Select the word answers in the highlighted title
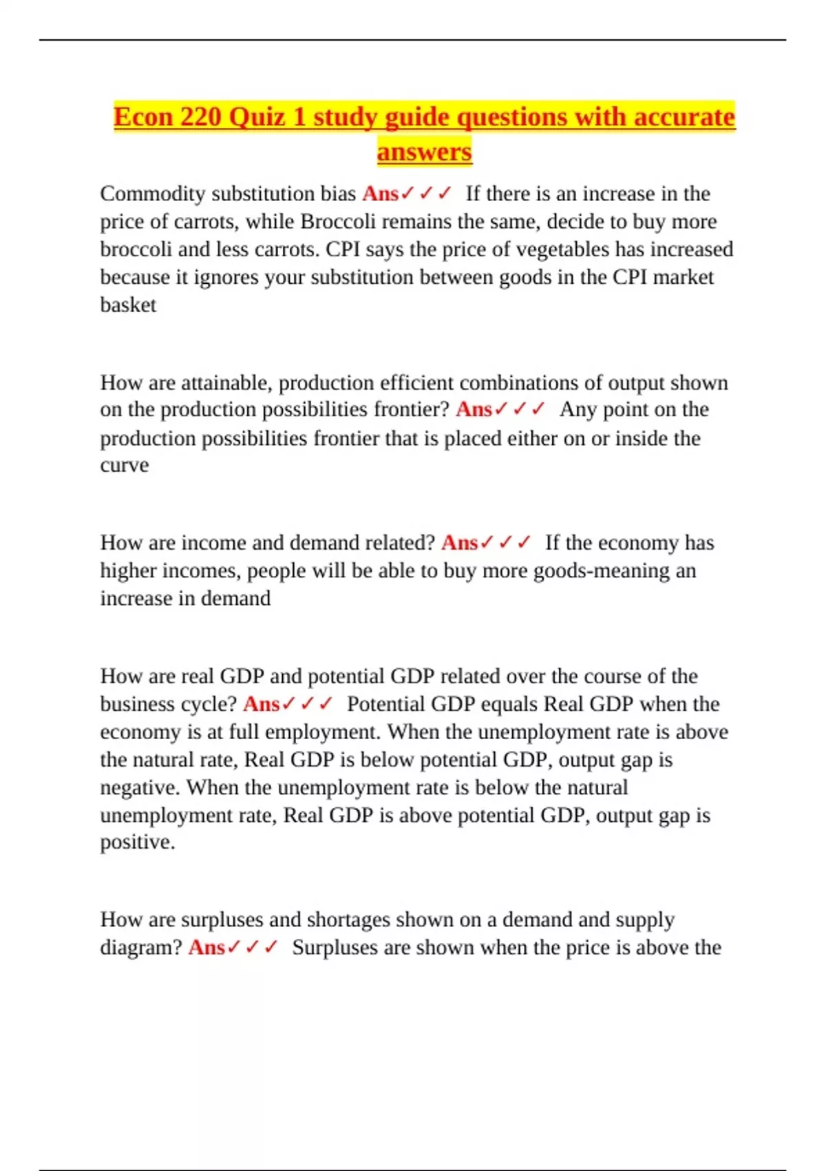pyautogui.click(x=424, y=152)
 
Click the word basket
pyautogui.click(x=128, y=304)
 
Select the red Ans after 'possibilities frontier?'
pyautogui.click(x=474, y=410)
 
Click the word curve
pyautogui.click(x=125, y=465)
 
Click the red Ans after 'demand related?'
pyautogui.click(x=459, y=543)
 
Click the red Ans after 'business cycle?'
pyautogui.click(x=261, y=704)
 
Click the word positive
pyautogui.click(x=137, y=842)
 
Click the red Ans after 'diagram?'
pyautogui.click(x=206, y=948)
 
